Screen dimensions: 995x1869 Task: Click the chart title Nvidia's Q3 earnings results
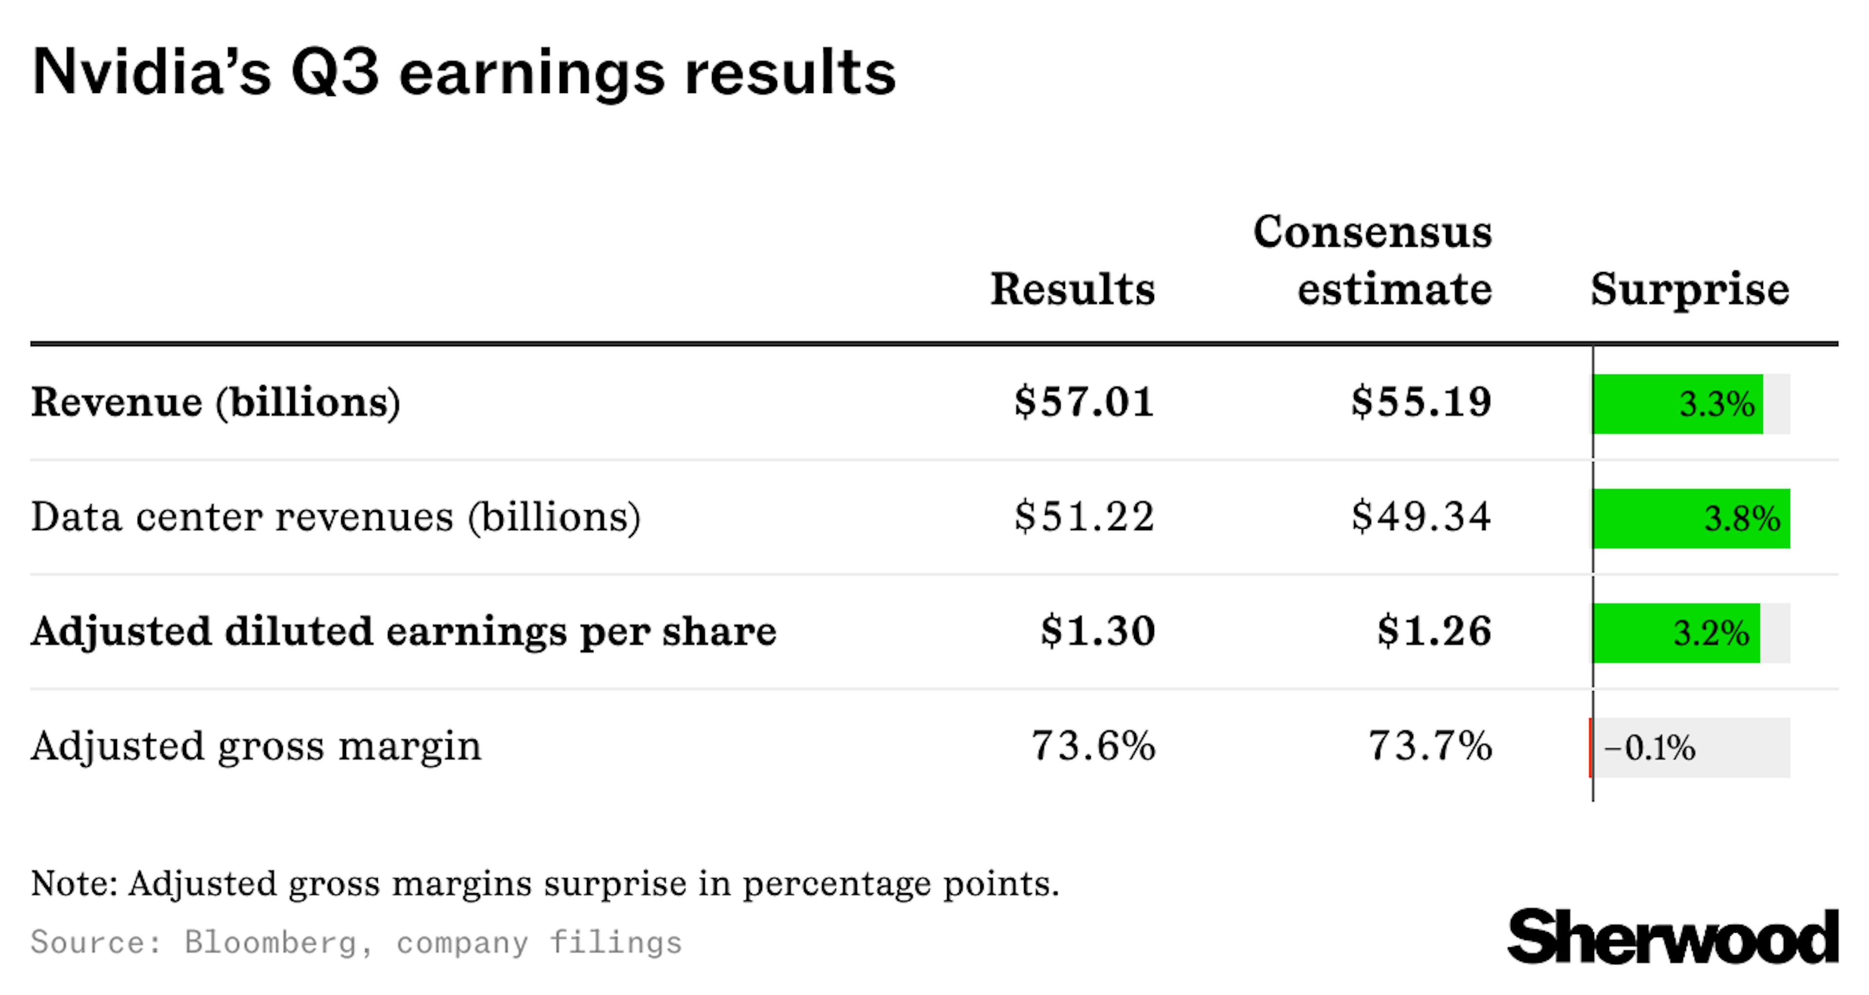click(x=464, y=73)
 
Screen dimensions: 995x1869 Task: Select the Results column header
click(x=1072, y=289)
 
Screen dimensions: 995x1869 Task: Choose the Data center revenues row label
click(x=335, y=517)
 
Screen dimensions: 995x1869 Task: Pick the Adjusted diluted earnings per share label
click(x=403, y=631)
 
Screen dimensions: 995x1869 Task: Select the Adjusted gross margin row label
click(x=256, y=746)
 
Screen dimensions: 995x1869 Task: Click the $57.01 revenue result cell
click(x=1084, y=402)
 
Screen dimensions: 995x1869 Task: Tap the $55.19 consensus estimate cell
click(x=1421, y=402)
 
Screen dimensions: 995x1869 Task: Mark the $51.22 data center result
click(x=1084, y=517)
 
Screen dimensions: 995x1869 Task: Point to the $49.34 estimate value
click(x=1421, y=517)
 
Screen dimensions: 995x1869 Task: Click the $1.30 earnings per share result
click(x=1098, y=631)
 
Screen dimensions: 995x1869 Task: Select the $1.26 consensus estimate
click(x=1434, y=631)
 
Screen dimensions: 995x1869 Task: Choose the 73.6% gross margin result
click(x=1093, y=746)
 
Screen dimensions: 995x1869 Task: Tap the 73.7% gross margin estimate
click(x=1430, y=746)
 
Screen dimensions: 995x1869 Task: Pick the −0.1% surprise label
click(x=1649, y=748)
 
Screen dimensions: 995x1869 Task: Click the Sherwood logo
click(x=1672, y=938)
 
